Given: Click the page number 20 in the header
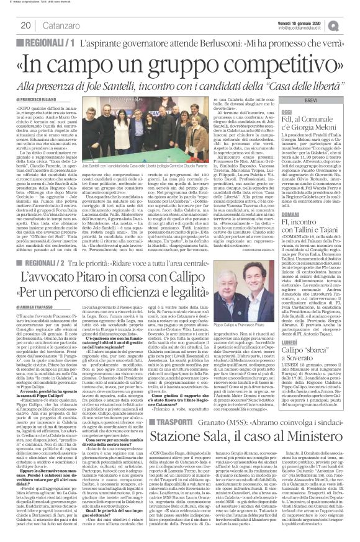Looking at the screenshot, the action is tap(26, 25).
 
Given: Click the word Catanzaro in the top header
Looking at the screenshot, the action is tap(57, 25).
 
